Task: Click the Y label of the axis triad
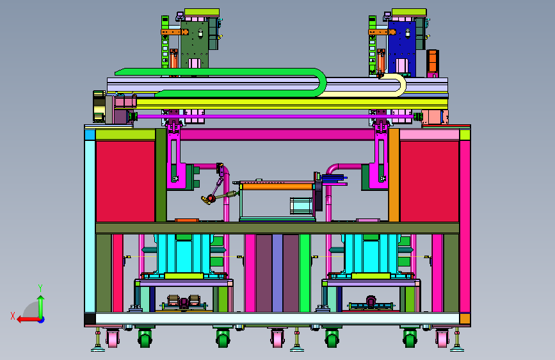[x=40, y=288]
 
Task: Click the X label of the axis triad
[x=13, y=316]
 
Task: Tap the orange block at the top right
[x=433, y=61]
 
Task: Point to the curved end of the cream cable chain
[x=400, y=85]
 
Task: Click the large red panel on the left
[x=125, y=181]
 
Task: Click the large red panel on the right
[x=430, y=181]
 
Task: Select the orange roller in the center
[x=277, y=186]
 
